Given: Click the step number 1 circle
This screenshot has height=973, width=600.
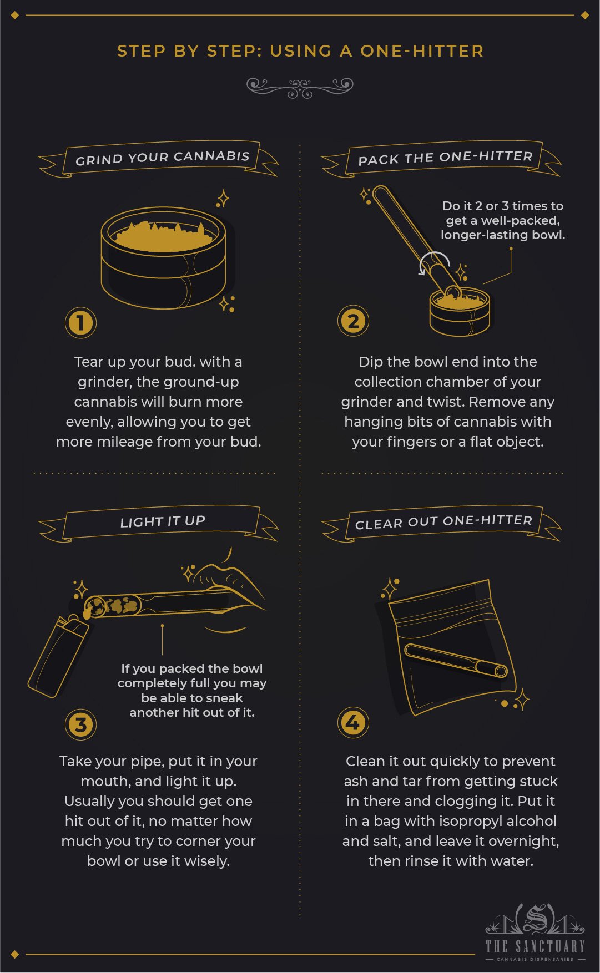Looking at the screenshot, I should [x=81, y=323].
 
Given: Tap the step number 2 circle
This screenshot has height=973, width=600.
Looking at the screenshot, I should [x=353, y=321].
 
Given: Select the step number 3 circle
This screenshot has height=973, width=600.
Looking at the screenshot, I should [x=81, y=724].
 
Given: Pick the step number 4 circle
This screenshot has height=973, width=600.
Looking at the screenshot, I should [x=353, y=723].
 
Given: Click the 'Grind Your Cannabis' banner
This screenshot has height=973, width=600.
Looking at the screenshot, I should [x=162, y=158].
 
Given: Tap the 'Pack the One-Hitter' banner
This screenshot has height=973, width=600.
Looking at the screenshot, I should [x=445, y=158].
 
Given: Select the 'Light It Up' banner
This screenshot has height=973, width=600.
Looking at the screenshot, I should [x=162, y=521].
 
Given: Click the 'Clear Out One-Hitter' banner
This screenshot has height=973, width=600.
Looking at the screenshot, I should [x=443, y=522].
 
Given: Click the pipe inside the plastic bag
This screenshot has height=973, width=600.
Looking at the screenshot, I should [x=455, y=660].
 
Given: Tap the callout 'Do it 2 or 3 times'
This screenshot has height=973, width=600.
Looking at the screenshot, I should [x=502, y=220].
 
